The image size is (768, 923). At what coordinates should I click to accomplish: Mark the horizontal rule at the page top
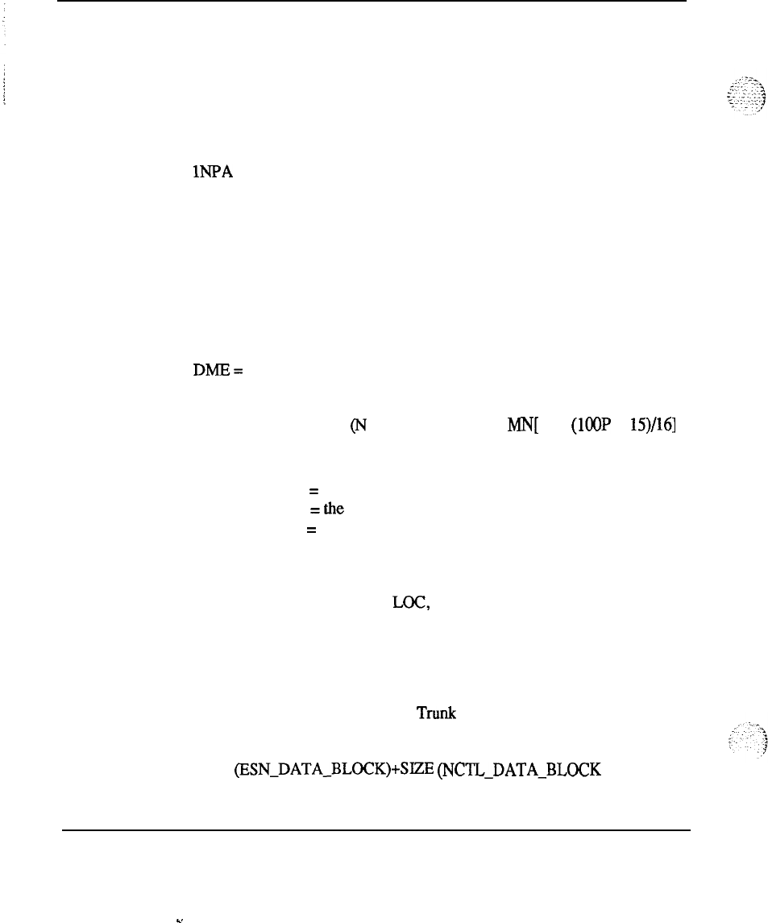(376, 1)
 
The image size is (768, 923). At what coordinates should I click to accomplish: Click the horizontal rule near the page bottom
(376, 829)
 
